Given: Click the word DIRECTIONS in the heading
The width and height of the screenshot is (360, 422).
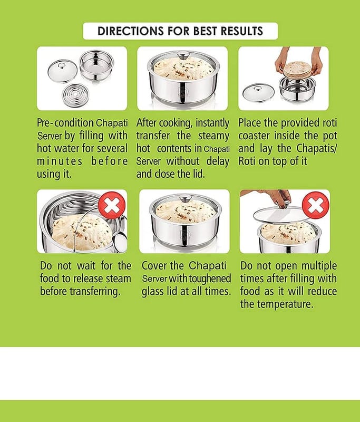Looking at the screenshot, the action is coord(130,31).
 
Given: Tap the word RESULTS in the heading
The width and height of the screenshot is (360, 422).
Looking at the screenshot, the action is coord(241,31).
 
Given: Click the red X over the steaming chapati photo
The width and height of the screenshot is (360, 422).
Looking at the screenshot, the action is coord(112,206).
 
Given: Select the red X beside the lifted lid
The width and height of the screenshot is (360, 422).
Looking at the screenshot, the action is coord(316,206).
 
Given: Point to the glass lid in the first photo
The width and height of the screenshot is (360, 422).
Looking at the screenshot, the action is coord(62,71).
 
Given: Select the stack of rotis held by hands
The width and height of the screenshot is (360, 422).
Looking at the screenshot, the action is coord(297,70).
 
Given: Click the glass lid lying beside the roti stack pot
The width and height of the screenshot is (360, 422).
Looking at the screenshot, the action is coord(258,93).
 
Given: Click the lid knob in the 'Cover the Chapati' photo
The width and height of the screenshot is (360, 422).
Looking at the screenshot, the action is coord(186,198).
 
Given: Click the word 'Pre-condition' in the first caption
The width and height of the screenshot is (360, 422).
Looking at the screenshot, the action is coord(65,123).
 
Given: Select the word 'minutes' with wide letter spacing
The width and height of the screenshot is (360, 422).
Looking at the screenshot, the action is coord(60,161).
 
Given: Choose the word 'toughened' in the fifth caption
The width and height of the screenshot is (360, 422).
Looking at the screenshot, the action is coord(210,279).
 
